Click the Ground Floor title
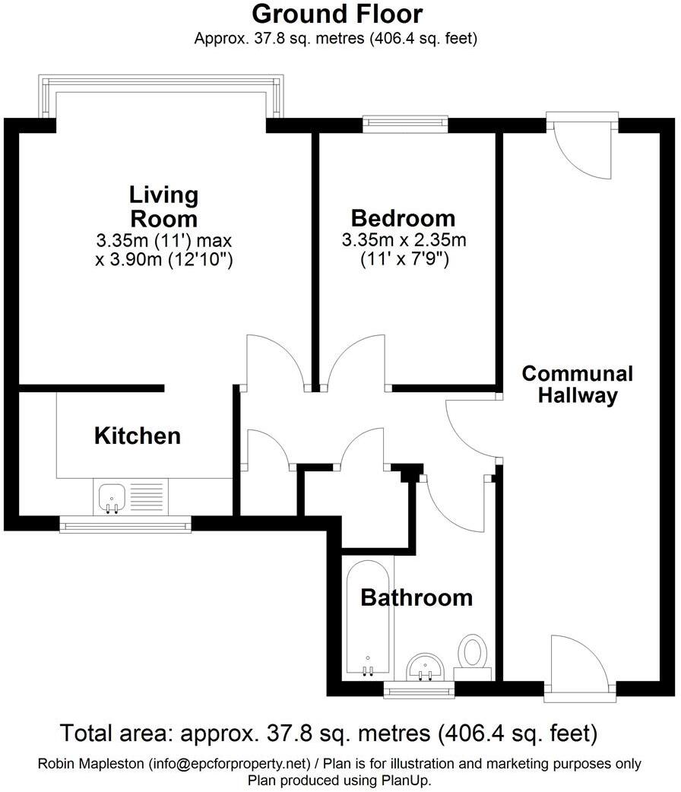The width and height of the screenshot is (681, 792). click(x=337, y=14)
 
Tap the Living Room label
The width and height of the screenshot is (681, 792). click(x=163, y=207)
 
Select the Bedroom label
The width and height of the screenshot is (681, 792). click(x=403, y=219)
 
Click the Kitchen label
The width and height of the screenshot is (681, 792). click(x=138, y=436)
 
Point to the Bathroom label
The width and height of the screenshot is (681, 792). click(x=416, y=597)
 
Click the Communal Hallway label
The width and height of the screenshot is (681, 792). click(x=577, y=385)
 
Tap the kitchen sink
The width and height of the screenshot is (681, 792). click(x=112, y=499)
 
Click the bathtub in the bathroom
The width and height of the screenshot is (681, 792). click(x=368, y=619)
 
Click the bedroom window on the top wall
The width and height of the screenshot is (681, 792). click(x=404, y=119)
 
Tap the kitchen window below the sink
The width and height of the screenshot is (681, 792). click(x=125, y=524)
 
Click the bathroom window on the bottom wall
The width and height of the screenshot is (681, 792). click(x=419, y=689)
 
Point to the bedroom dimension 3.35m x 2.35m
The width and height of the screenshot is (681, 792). click(x=403, y=241)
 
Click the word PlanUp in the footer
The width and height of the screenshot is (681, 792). click(x=411, y=780)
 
